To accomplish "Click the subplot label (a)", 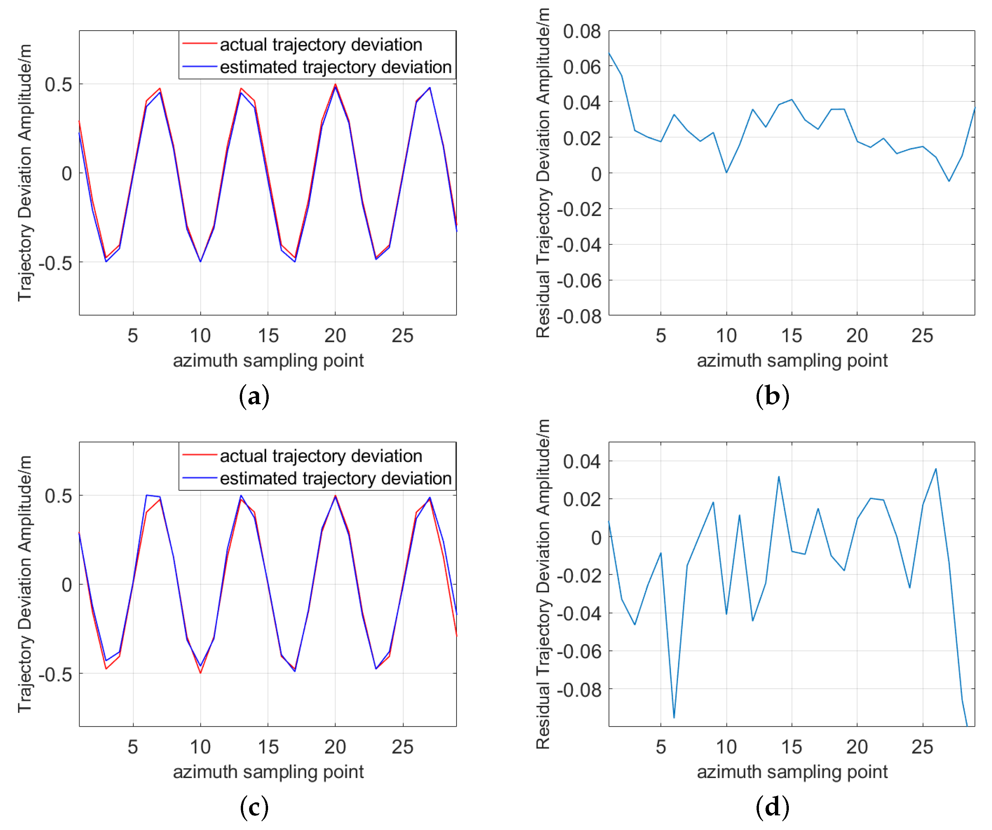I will [254, 396].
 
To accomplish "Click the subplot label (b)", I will [772, 396].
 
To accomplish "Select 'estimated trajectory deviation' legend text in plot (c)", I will [335, 478].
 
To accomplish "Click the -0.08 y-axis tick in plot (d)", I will [579, 690].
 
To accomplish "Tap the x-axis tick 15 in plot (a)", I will [268, 336].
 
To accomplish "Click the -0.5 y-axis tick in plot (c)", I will [55, 674].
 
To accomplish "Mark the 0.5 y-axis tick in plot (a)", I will [59, 85].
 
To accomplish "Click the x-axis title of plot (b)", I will [792, 361].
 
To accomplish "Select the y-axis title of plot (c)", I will [25, 584].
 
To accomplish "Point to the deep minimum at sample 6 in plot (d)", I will [674, 717].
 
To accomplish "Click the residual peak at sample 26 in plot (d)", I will [936, 469].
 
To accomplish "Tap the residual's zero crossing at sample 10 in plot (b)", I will [726, 172].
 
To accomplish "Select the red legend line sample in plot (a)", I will [199, 44].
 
